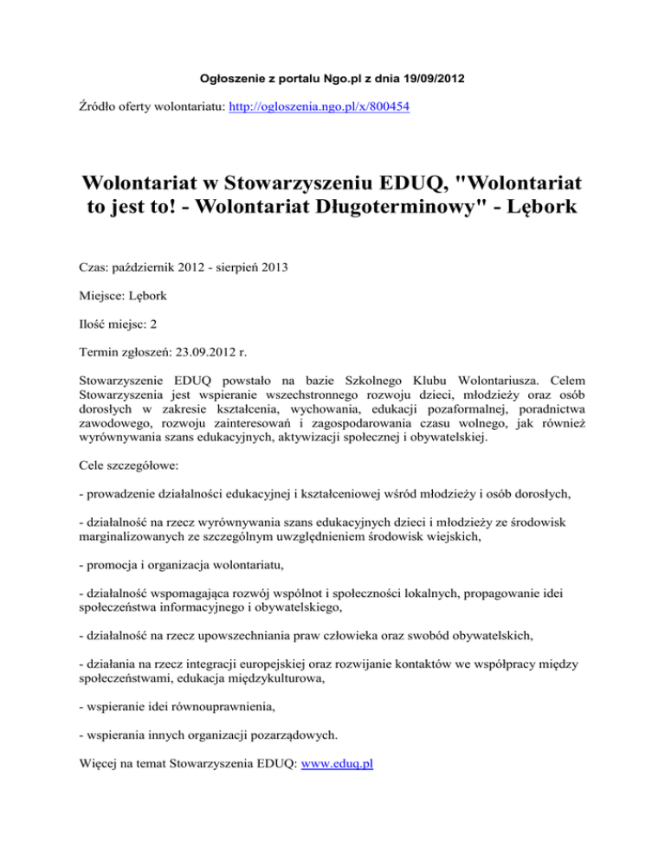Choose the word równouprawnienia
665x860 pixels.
coord(236,708)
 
